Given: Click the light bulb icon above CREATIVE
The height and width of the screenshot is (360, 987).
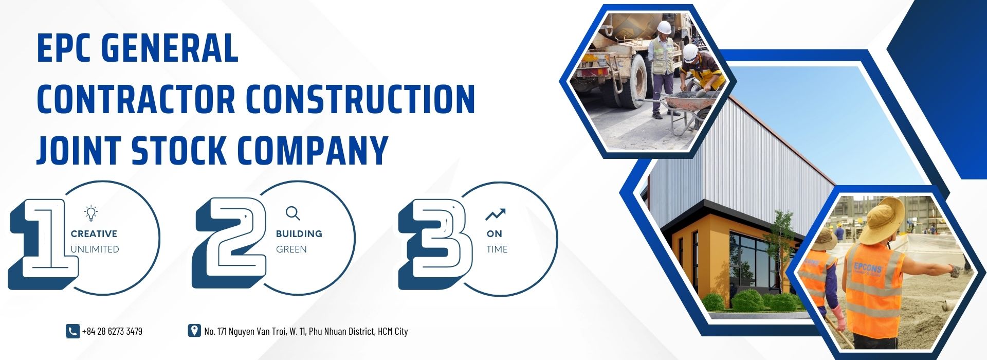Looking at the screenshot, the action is (x=91, y=213).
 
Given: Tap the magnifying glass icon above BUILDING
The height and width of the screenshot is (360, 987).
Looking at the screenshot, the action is (x=293, y=213).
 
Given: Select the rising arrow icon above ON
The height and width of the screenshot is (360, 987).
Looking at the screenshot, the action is (x=496, y=214).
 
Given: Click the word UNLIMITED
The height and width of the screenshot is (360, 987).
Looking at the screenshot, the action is (x=95, y=249).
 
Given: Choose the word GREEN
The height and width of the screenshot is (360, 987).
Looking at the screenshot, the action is (x=291, y=249).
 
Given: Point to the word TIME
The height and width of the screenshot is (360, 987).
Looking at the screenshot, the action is (x=497, y=249).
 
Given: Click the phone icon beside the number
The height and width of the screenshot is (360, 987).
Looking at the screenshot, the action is (x=72, y=331).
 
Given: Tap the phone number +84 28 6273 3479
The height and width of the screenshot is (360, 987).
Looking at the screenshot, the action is (x=112, y=331).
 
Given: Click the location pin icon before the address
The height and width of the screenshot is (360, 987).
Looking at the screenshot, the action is (x=194, y=331).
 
